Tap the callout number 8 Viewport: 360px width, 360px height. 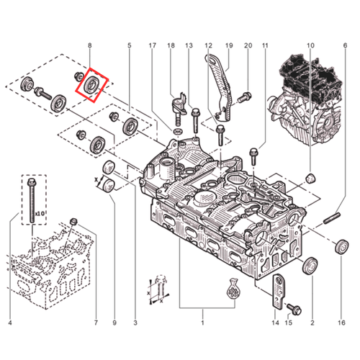90,46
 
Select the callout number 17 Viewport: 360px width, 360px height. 152,46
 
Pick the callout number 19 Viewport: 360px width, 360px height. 230,46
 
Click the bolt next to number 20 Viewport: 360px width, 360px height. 246,95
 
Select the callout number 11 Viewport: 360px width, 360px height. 265,46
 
